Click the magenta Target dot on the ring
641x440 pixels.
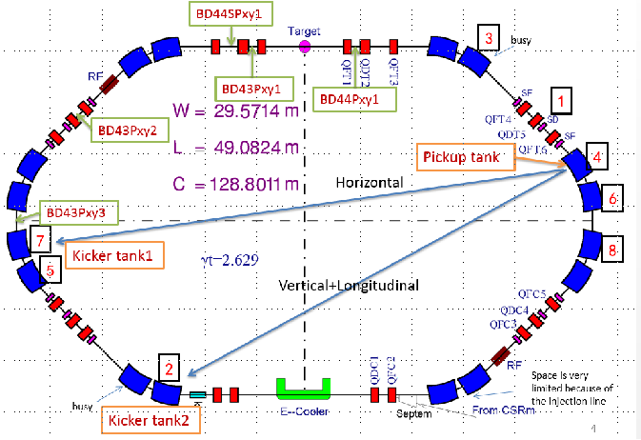click(x=305, y=45)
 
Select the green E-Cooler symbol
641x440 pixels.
click(x=302, y=389)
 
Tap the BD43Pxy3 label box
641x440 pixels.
click(x=75, y=214)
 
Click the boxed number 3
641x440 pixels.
click(x=488, y=39)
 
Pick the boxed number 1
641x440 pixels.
click(x=564, y=99)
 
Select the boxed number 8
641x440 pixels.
click(x=613, y=250)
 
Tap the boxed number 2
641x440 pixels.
click(x=168, y=368)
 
